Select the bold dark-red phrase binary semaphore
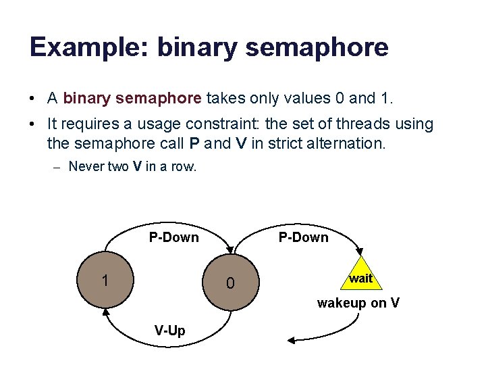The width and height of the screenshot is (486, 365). coord(132,98)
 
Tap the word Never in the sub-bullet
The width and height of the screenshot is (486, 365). coord(86,166)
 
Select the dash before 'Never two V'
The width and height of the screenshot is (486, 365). coord(57,167)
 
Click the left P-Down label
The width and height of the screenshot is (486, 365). coord(173,237)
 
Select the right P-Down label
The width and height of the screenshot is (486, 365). coord(303,237)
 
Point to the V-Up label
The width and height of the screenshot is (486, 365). coord(169,331)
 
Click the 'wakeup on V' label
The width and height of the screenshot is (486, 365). coord(358,303)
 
